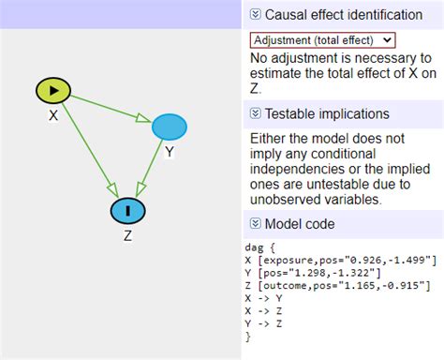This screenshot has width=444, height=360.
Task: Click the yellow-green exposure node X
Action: [53, 90]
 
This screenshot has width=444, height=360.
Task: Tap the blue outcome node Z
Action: [127, 211]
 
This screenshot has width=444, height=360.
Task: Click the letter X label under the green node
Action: [53, 115]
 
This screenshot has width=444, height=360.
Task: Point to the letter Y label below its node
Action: [170, 151]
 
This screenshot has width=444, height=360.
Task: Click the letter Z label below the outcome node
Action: [127, 236]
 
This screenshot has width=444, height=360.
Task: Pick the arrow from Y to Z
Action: [149, 168]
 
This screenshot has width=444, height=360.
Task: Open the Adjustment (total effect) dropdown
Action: [322, 39]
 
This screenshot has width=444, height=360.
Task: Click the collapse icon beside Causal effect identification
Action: [255, 15]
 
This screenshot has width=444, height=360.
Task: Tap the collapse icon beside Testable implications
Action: [255, 114]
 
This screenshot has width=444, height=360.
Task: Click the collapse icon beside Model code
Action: [255, 224]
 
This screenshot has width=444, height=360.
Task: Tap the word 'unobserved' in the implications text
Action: [290, 200]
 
